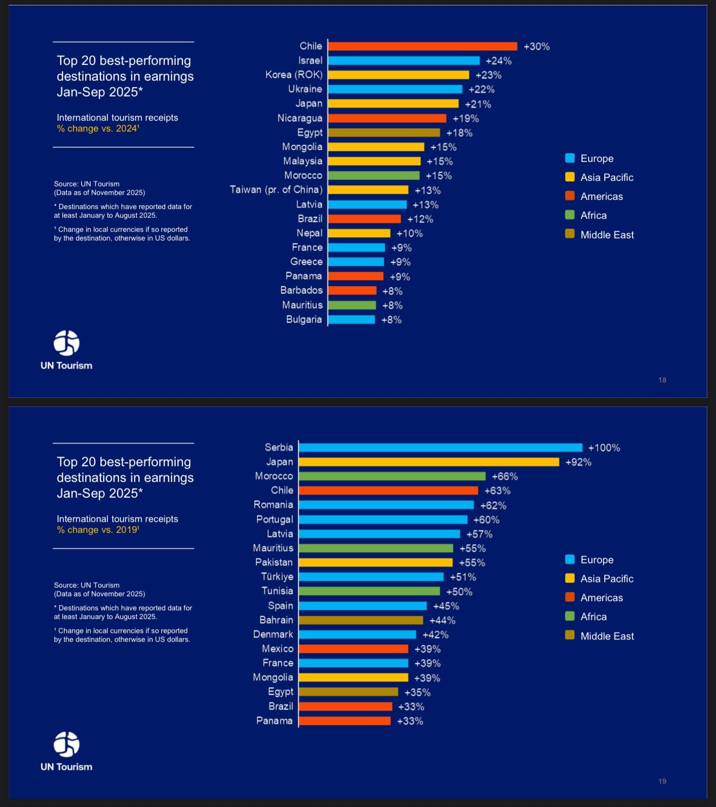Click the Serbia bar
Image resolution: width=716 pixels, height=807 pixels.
tap(440, 448)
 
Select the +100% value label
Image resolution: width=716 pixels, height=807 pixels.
tap(604, 448)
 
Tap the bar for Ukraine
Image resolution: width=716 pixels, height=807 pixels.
tap(395, 89)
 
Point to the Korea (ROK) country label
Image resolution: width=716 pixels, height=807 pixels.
tap(294, 75)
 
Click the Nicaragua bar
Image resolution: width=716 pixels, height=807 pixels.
tap(387, 118)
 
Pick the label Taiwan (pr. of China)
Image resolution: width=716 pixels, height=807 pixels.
tap(276, 190)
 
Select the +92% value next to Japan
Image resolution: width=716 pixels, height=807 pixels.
tap(578, 462)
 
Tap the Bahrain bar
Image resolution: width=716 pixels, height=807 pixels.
tap(361, 620)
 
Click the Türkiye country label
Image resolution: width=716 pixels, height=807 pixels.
tap(277, 577)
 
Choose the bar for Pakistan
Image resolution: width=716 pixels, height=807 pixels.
tap(375, 563)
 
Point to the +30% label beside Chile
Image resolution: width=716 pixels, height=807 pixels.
tap(536, 47)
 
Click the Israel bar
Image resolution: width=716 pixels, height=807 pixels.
tap(404, 61)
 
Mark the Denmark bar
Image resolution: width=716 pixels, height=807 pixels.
tap(357, 635)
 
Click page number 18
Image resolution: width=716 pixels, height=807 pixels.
tap(662, 380)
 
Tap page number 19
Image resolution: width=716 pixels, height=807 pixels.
tap(662, 781)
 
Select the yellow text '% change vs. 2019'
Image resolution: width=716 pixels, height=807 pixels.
tap(98, 530)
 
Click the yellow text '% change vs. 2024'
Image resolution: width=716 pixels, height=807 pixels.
tap(98, 128)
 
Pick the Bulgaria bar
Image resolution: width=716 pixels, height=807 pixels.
tap(351, 320)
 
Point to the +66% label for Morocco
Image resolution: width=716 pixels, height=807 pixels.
tap(504, 476)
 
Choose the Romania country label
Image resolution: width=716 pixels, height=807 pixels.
tap(273, 505)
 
